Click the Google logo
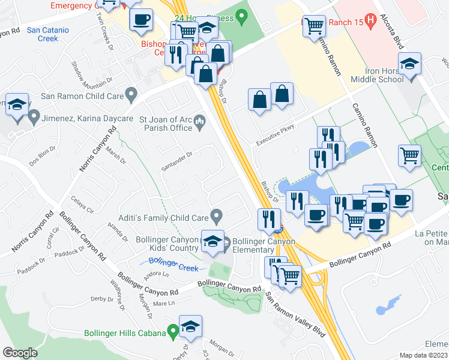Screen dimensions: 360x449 tap(20, 353)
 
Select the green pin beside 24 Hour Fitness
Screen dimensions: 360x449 tap(242, 16)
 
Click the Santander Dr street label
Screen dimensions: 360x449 tap(176, 158)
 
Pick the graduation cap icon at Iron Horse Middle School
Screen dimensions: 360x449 tap(410, 64)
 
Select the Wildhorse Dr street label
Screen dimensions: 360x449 tap(116, 296)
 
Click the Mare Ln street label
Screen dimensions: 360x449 tap(163, 304)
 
